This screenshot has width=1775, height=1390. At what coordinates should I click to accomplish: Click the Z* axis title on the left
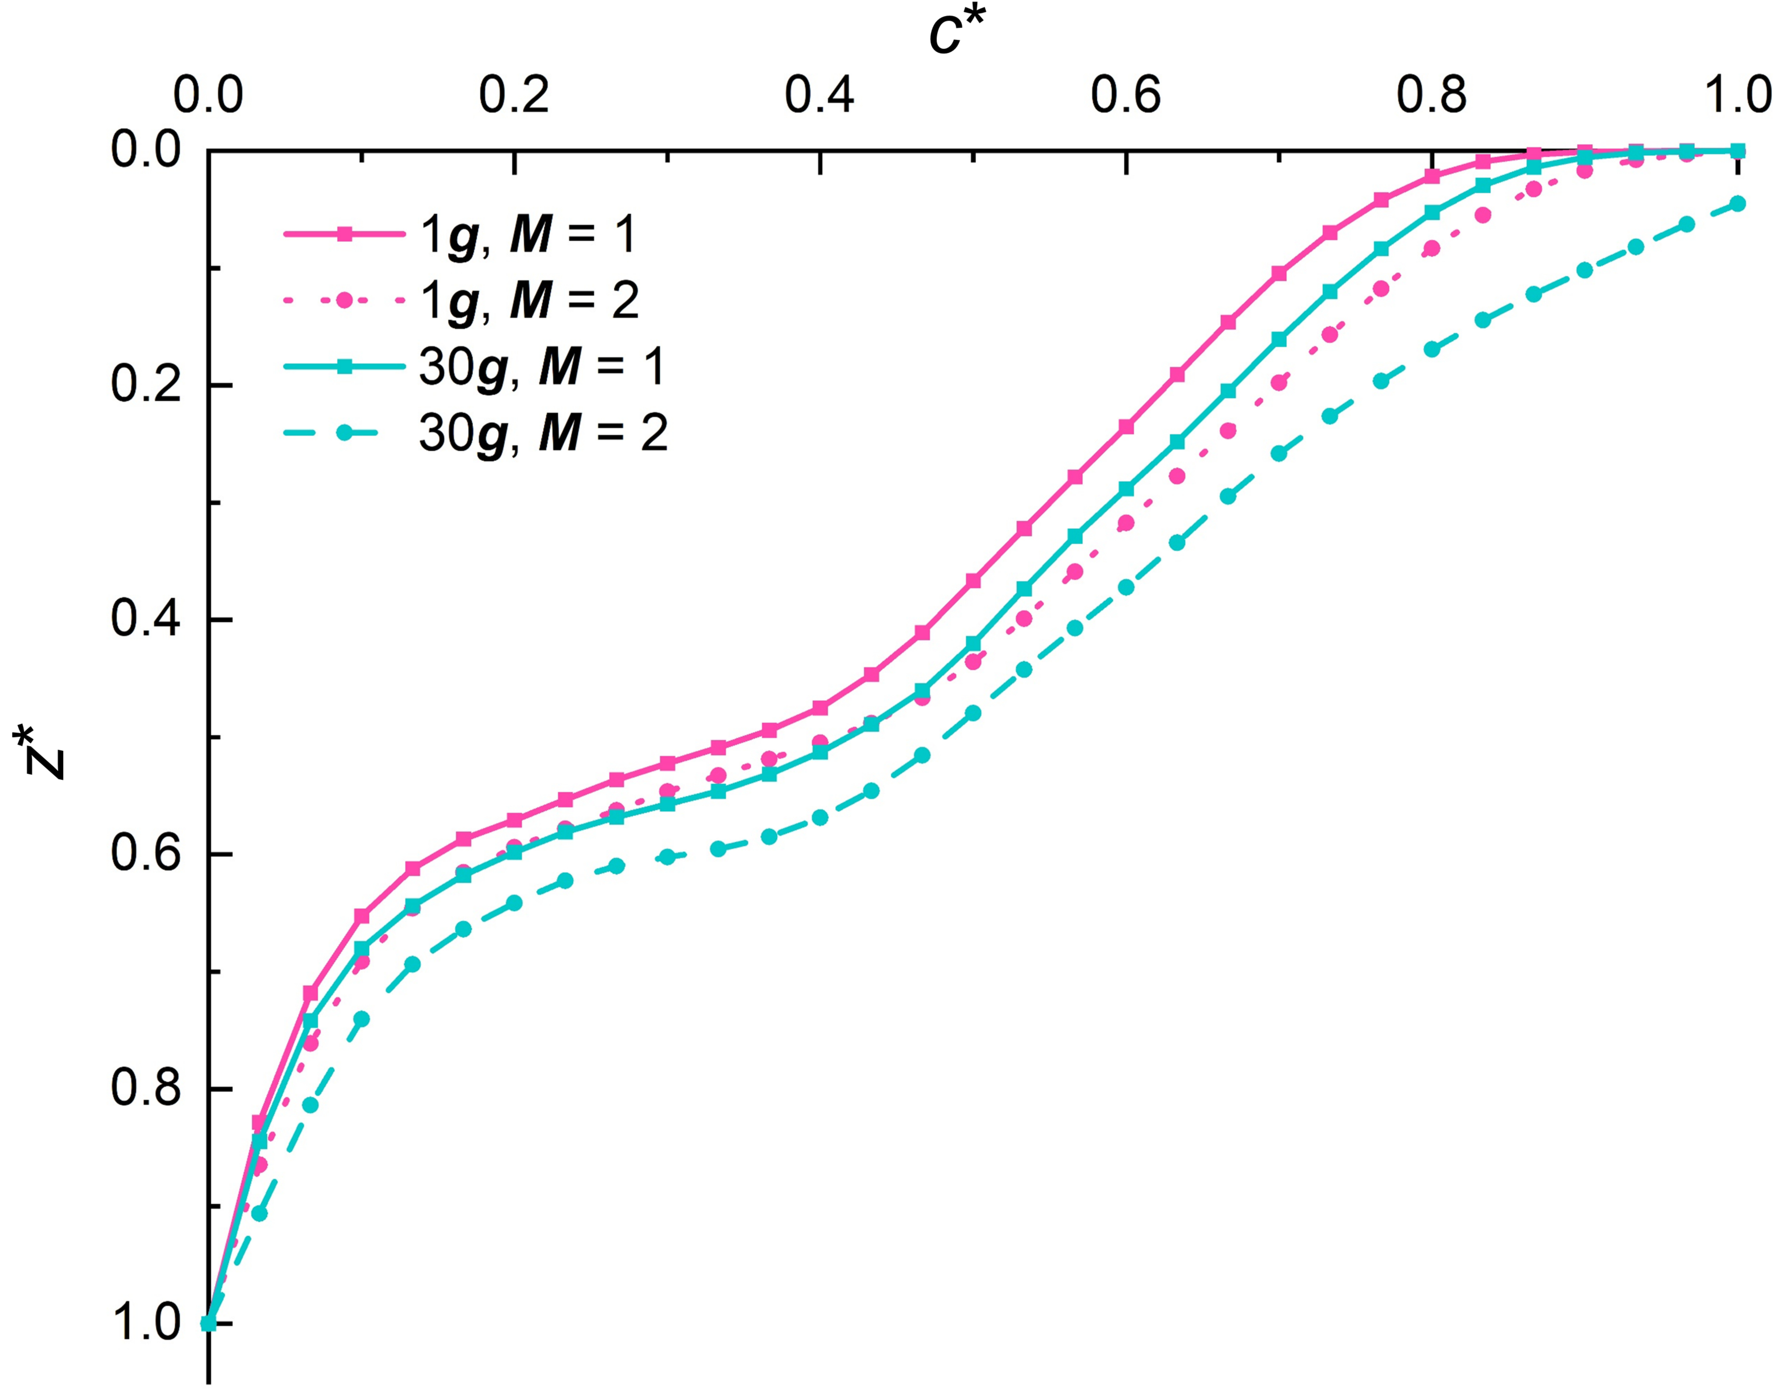39,753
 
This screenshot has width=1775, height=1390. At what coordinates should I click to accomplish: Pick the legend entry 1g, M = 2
529,300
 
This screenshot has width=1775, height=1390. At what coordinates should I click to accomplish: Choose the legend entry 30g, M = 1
541,366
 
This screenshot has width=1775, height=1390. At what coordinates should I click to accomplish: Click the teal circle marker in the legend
344,433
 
